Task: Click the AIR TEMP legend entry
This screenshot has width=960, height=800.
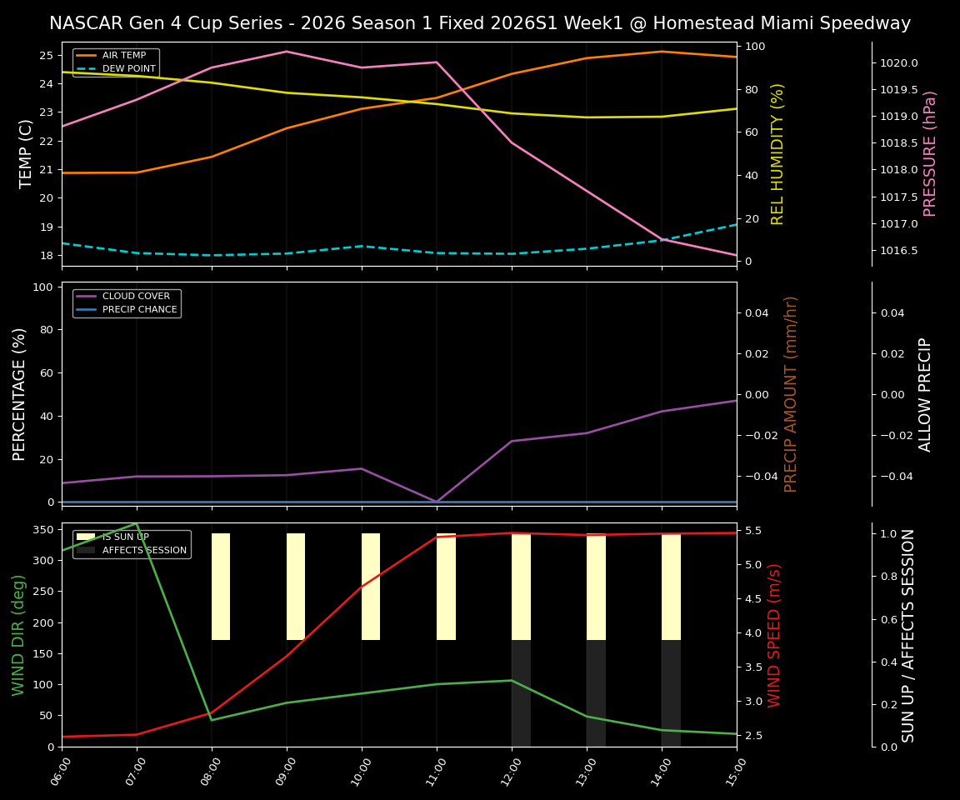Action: point(123,56)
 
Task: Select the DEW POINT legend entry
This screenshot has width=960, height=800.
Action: point(128,69)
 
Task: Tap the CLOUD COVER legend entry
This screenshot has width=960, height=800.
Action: point(135,297)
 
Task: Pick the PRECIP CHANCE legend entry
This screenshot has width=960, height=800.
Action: point(138,310)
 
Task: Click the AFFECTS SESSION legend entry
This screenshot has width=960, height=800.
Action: point(143,551)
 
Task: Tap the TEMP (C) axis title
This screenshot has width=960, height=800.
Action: point(27,153)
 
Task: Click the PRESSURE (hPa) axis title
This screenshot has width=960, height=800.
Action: point(930,153)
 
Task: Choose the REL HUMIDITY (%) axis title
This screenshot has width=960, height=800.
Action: point(777,153)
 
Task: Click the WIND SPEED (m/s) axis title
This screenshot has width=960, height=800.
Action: point(775,635)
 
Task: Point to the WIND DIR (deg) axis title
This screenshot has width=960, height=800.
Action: point(18,635)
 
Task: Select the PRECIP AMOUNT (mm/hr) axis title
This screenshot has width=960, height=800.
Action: point(791,393)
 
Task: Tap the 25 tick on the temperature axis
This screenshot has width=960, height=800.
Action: point(47,56)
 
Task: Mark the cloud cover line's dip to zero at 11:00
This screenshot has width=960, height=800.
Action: point(437,502)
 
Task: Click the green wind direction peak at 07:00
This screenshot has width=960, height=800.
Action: point(136,523)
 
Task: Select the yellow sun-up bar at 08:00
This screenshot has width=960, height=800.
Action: point(220,587)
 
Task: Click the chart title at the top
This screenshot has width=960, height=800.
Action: point(480,23)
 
